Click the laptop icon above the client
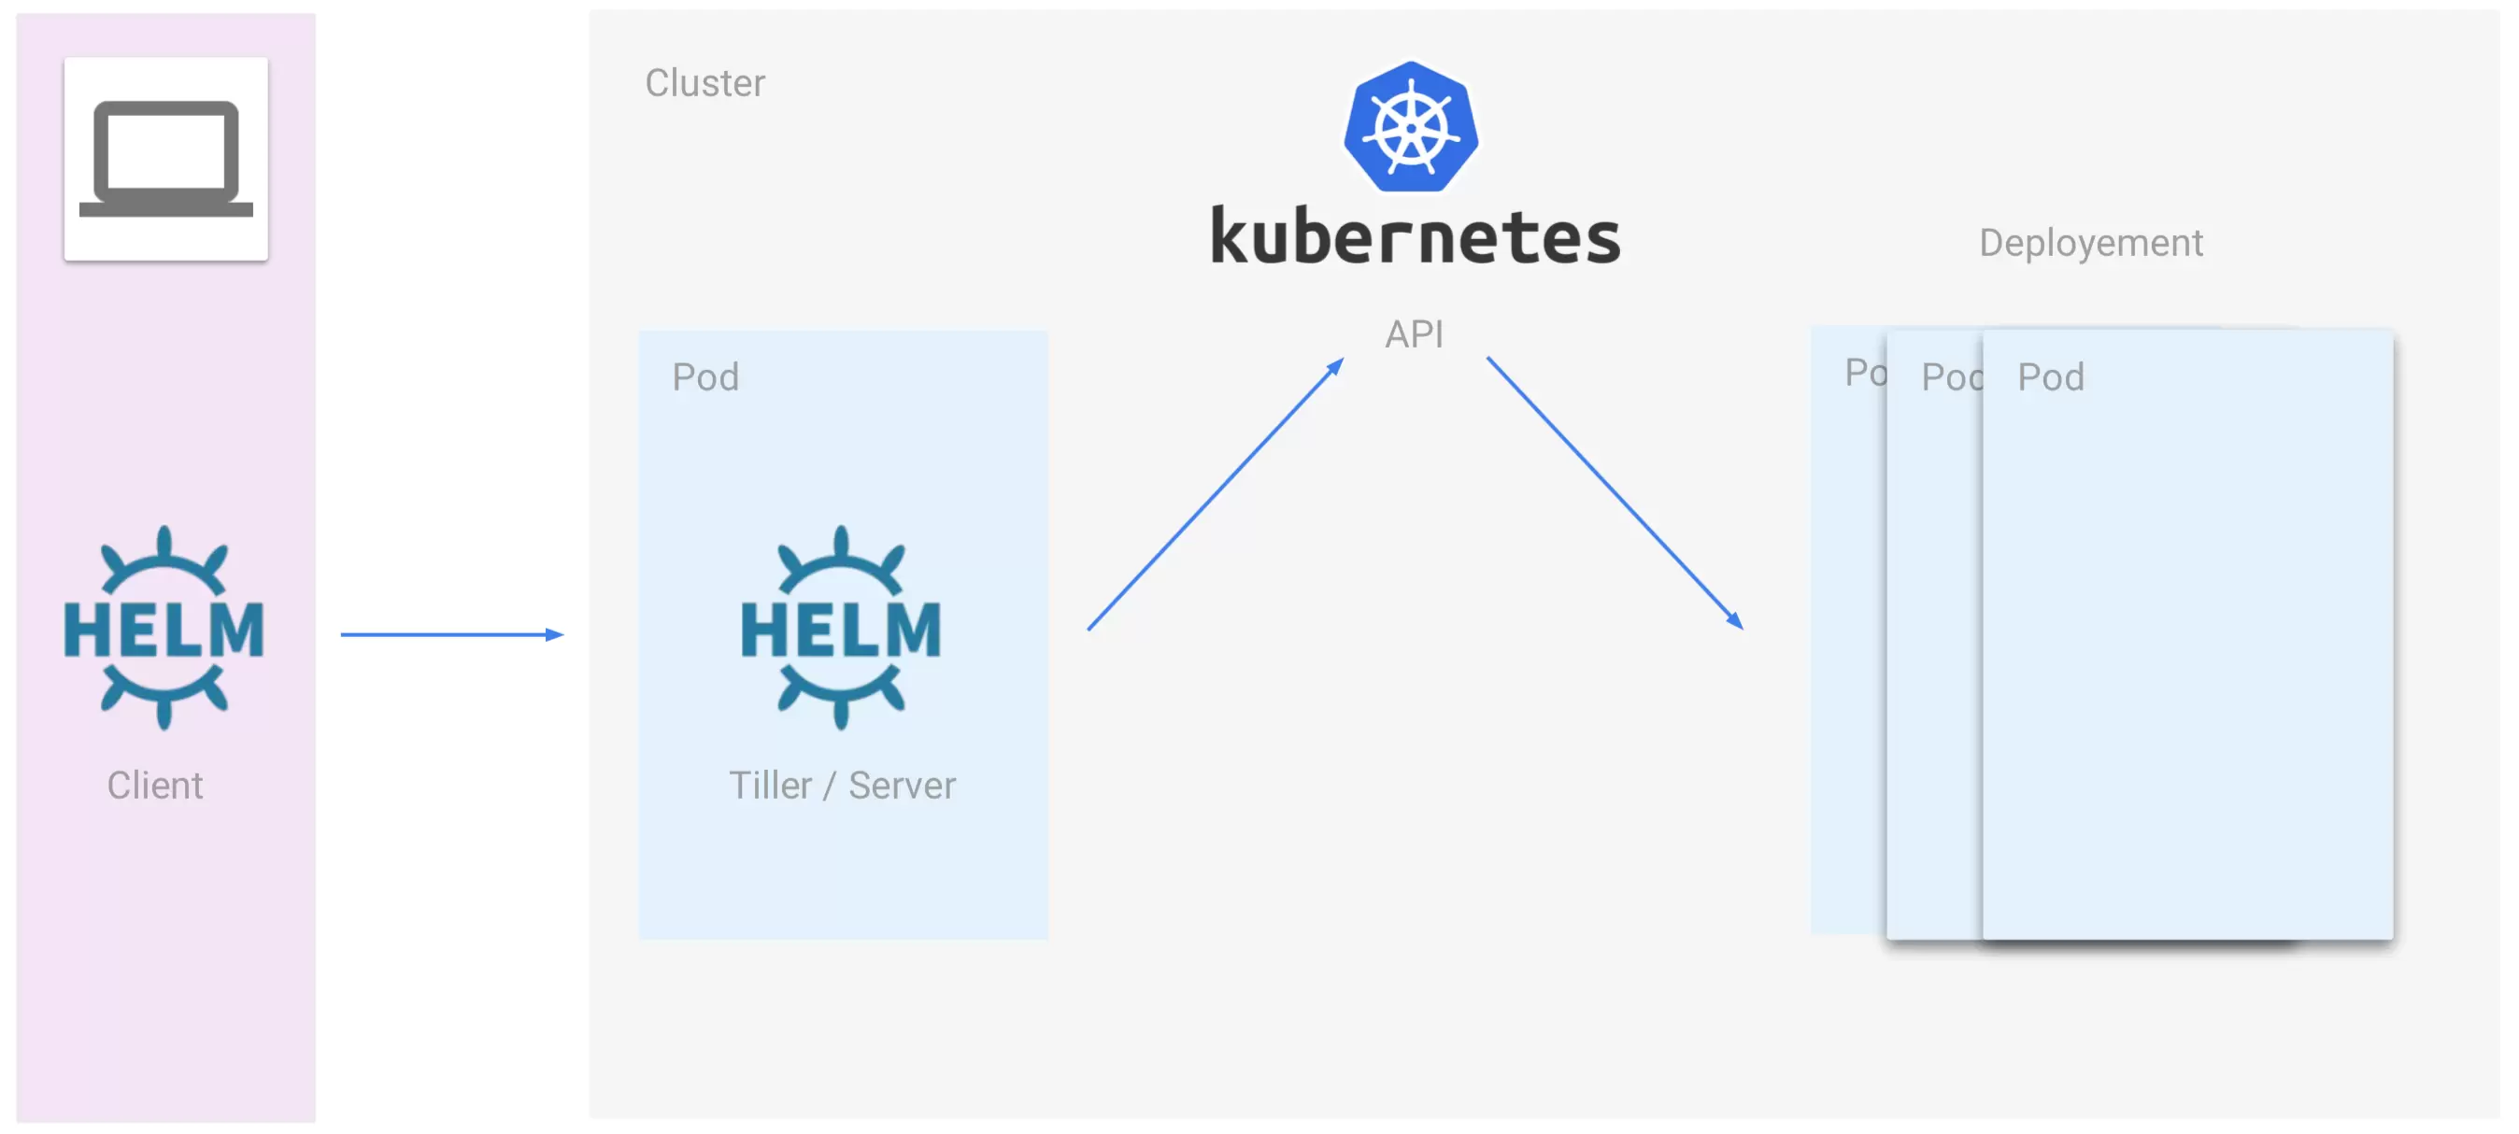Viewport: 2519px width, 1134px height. point(166,159)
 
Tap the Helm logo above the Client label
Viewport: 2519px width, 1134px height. point(164,628)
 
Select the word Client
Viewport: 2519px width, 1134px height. point(154,785)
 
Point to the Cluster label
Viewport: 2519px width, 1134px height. point(704,83)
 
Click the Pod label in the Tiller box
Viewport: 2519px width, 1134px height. point(705,377)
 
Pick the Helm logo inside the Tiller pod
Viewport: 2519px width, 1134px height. point(840,628)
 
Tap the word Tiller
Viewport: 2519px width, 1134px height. point(770,785)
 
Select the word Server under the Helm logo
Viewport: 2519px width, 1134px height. point(901,785)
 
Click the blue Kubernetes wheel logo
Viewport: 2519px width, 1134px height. point(1410,127)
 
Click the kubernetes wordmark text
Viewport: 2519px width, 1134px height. point(1414,237)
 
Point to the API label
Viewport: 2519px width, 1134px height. point(1413,334)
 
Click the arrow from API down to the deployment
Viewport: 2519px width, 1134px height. point(1614,490)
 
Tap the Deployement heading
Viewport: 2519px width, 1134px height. point(2090,243)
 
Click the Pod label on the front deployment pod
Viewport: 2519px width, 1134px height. point(2051,377)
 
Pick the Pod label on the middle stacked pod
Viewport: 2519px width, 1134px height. point(1951,377)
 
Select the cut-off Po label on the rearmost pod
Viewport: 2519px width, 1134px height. point(1864,373)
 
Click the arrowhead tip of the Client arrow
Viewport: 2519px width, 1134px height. point(559,634)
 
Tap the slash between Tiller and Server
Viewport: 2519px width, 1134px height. point(830,786)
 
